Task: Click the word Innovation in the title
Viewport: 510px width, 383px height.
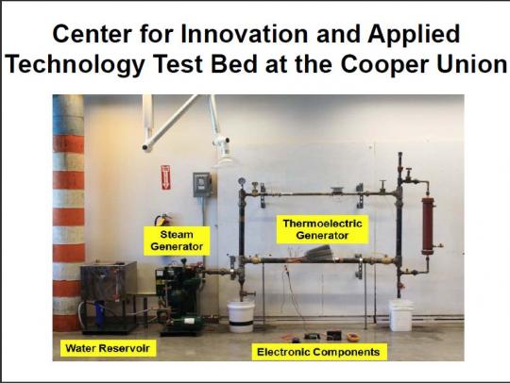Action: pos(244,34)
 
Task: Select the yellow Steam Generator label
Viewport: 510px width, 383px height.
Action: pos(177,241)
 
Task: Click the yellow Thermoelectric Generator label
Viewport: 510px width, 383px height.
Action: pos(322,229)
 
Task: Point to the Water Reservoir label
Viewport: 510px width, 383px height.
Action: pos(108,348)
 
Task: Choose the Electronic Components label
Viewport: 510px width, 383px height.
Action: pos(319,352)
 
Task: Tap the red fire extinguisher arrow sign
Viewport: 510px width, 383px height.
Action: pos(165,177)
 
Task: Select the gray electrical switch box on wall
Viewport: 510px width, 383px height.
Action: pos(202,185)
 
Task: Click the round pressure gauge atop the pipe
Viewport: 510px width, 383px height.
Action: pos(242,181)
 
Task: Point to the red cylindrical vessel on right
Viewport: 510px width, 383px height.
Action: pos(428,225)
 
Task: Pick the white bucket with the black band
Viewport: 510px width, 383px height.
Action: pos(241,317)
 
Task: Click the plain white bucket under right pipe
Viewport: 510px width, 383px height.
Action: pos(401,315)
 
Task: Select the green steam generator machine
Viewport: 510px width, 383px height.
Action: pos(178,299)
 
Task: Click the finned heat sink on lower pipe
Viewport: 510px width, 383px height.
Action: pos(319,253)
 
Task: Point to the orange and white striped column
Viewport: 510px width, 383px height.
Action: pos(68,213)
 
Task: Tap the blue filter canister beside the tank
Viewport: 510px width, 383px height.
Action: pos(100,314)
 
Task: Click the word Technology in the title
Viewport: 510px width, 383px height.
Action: pos(75,64)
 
